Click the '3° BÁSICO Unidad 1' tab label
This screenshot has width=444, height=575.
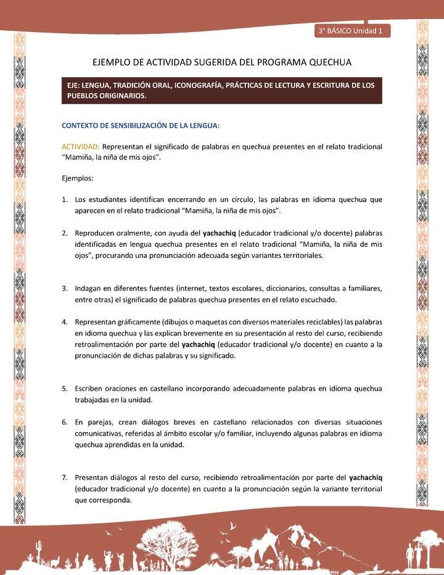(351, 31)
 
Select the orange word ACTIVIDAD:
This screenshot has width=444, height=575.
(80, 147)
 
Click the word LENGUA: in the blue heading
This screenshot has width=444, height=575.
(199, 125)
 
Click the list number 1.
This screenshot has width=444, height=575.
(65, 200)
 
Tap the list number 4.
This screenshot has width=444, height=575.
(65, 323)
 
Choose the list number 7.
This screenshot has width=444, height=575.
(65, 477)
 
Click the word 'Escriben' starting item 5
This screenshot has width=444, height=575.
(92, 389)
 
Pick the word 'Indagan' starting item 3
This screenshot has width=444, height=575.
(90, 288)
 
